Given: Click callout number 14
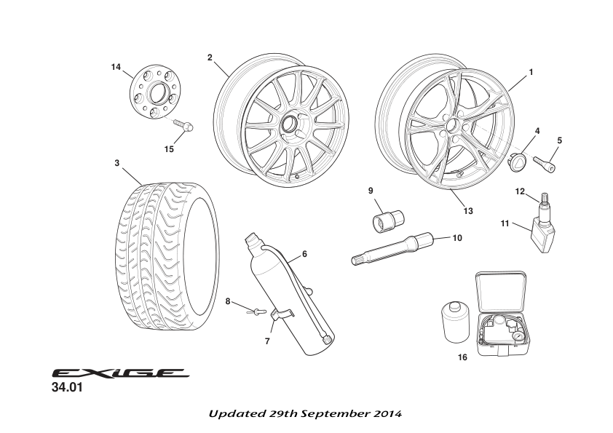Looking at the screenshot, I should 116,67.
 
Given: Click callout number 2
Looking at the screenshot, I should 210,57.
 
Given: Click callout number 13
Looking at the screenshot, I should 467,211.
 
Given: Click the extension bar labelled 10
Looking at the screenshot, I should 393,250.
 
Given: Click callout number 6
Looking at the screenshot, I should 304,255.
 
